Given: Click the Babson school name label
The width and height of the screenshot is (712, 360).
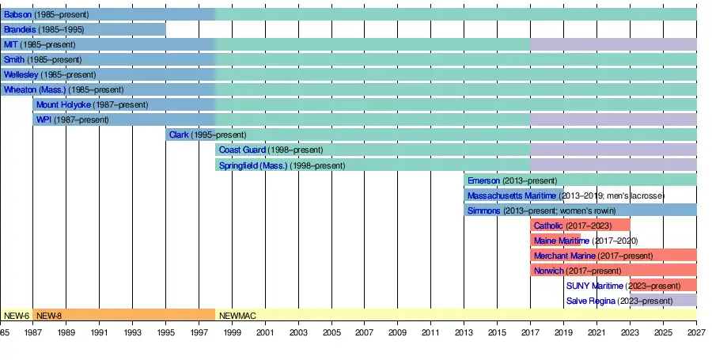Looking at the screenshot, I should [18, 14].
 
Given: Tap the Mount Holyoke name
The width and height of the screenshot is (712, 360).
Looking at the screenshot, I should [63, 104].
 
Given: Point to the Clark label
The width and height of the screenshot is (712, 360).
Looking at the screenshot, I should [178, 135].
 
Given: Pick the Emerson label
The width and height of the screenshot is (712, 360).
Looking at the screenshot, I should [483, 180].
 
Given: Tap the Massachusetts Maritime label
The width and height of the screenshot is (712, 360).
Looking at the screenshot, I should [512, 195].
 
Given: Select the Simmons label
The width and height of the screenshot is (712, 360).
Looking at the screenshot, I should [483, 210].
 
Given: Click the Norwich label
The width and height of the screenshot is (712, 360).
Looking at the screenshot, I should [548, 271].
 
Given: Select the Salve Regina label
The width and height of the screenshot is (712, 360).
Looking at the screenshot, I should [592, 301].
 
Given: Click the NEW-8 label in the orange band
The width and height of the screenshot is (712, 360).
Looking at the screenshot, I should [48, 315].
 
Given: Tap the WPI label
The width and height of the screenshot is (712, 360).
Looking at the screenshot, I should [44, 119].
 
